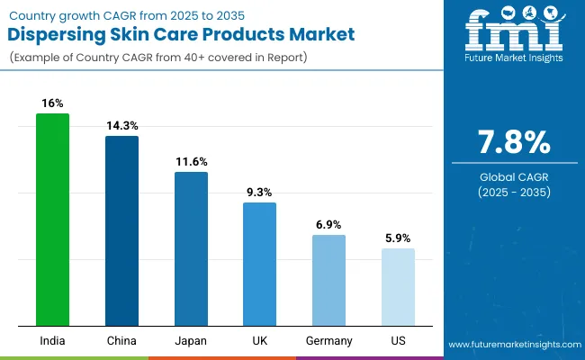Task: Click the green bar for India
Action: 52,220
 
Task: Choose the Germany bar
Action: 328,280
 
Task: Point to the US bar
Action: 398,287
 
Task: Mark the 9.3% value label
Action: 259,193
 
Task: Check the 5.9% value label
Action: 398,238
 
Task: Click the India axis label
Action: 52,340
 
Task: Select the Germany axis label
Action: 328,340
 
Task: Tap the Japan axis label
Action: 191,340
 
